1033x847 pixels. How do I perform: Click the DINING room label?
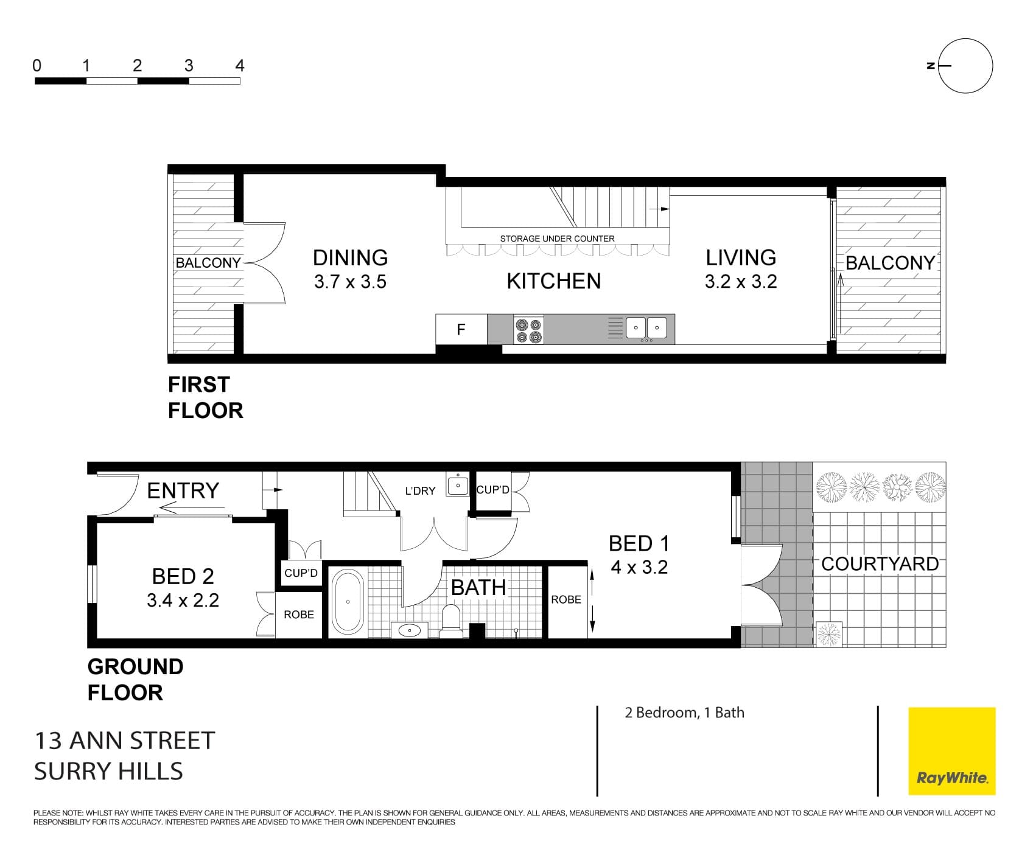pos(350,258)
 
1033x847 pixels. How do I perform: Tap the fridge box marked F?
pos(461,329)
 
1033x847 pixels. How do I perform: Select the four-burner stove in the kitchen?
pos(528,330)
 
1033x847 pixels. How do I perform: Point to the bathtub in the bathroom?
pos(348,602)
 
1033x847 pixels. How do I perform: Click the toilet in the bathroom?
pos(451,621)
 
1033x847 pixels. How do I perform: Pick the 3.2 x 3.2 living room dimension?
pos(741,282)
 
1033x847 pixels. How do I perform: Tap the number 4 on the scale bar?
pos(240,66)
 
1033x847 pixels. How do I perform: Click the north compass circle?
pos(965,66)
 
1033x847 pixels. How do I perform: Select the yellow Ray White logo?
pos(952,751)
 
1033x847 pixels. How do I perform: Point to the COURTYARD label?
pos(880,564)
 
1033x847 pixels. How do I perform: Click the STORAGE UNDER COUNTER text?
pos(557,239)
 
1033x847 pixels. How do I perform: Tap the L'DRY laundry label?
pos(420,490)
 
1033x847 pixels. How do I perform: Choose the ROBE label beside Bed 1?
pos(566,599)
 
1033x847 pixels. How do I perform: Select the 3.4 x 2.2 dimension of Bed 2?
pos(183,601)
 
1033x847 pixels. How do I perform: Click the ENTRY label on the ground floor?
pos(183,490)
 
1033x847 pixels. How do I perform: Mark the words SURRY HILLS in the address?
pos(108,771)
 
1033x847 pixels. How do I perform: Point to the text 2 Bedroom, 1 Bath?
pos(684,713)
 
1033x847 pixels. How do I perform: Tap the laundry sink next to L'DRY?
pos(458,485)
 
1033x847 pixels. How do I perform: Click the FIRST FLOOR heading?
pos(205,397)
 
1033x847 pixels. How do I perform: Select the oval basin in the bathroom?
pos(409,630)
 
